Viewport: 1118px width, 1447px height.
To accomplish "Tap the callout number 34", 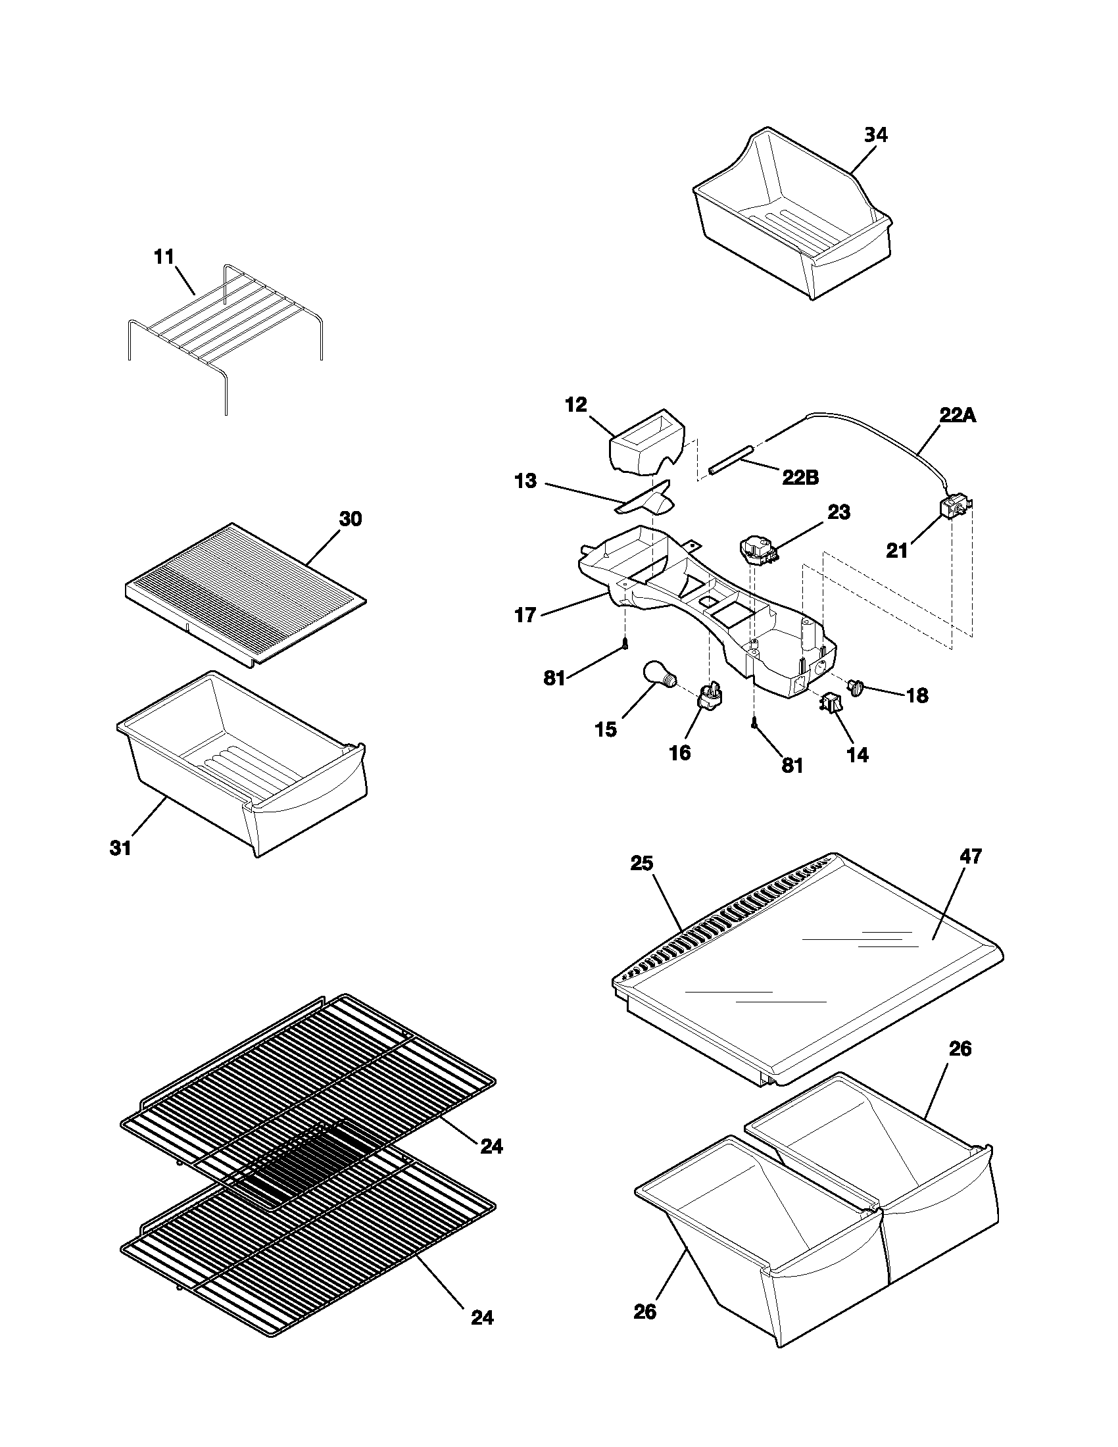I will (875, 135).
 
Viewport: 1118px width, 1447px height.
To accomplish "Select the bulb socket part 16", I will (710, 697).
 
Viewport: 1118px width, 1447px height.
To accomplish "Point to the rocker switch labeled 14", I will (831, 702).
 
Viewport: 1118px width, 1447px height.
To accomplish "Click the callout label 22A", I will (957, 416).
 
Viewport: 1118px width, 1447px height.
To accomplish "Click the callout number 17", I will (525, 616).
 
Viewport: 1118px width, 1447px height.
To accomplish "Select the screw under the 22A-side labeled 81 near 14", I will (754, 726).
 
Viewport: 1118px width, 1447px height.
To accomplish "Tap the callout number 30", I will (351, 520).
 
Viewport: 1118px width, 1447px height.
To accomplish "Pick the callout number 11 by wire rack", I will (164, 257).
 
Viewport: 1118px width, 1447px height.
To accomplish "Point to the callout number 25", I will (642, 864).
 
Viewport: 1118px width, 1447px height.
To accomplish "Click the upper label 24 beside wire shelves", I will (491, 1146).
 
